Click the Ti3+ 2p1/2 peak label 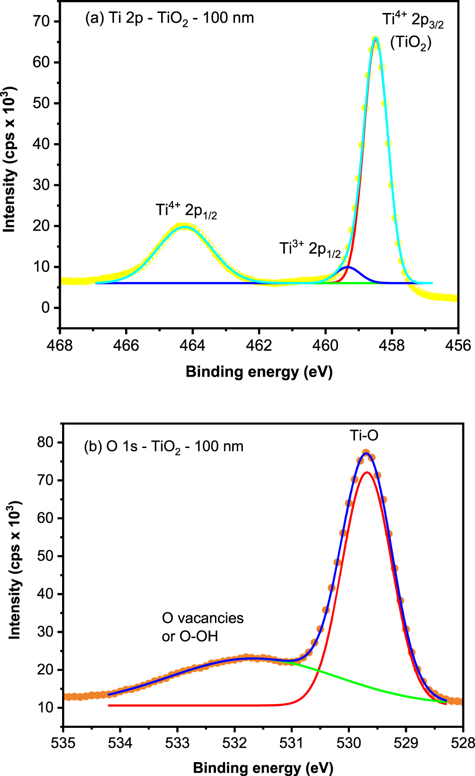point(310,249)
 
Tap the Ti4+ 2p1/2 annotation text point(186,211)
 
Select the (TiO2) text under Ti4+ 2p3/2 point(411,43)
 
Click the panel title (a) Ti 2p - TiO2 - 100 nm point(170,19)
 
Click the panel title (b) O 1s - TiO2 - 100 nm point(164,447)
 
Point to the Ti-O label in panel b point(364,435)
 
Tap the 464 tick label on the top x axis point(193,346)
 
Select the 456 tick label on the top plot point(457,346)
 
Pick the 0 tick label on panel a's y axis point(45,308)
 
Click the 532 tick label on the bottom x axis point(234,743)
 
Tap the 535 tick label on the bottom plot point(63,743)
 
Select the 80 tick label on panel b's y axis point(45,442)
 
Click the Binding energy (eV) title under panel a point(259,372)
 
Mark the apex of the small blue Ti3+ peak point(348,267)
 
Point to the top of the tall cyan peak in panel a point(375,39)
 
